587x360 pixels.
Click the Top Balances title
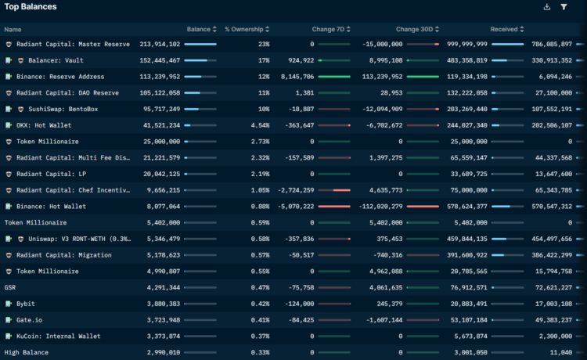point(31,7)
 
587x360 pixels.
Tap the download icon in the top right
point(546,7)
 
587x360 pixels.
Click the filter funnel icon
point(564,7)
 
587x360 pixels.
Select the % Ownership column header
point(244,29)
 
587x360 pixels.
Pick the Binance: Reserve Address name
point(60,77)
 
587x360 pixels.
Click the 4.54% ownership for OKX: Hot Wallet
point(259,125)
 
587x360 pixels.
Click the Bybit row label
point(25,304)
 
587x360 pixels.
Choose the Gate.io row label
point(29,320)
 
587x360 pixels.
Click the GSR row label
point(10,287)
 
